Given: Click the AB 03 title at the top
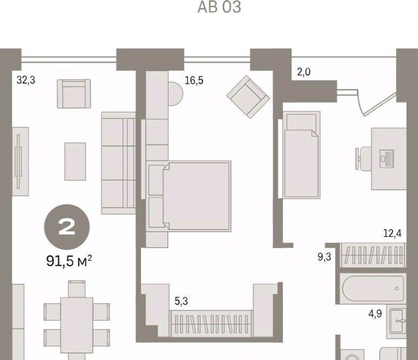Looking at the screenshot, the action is [x=219, y=7].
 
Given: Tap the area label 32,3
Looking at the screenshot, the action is [x=26, y=80].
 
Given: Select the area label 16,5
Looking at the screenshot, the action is [x=194, y=80].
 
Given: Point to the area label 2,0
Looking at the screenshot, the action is [x=304, y=72].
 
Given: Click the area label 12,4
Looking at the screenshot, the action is [x=393, y=234].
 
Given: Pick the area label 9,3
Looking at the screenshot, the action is [x=325, y=257].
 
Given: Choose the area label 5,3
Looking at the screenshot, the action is [x=181, y=301].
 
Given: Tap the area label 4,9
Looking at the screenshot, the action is [x=375, y=314].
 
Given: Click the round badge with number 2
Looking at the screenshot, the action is [x=67, y=227].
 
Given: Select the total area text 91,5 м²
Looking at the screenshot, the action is [x=69, y=261].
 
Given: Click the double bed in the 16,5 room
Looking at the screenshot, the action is [x=197, y=196].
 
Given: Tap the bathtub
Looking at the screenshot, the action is [x=373, y=288].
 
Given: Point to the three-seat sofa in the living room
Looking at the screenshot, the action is [x=118, y=163].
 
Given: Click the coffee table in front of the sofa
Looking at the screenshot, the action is [x=75, y=162].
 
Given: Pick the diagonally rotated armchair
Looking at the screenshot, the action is [x=248, y=97].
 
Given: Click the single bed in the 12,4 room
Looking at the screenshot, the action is [x=302, y=155].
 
